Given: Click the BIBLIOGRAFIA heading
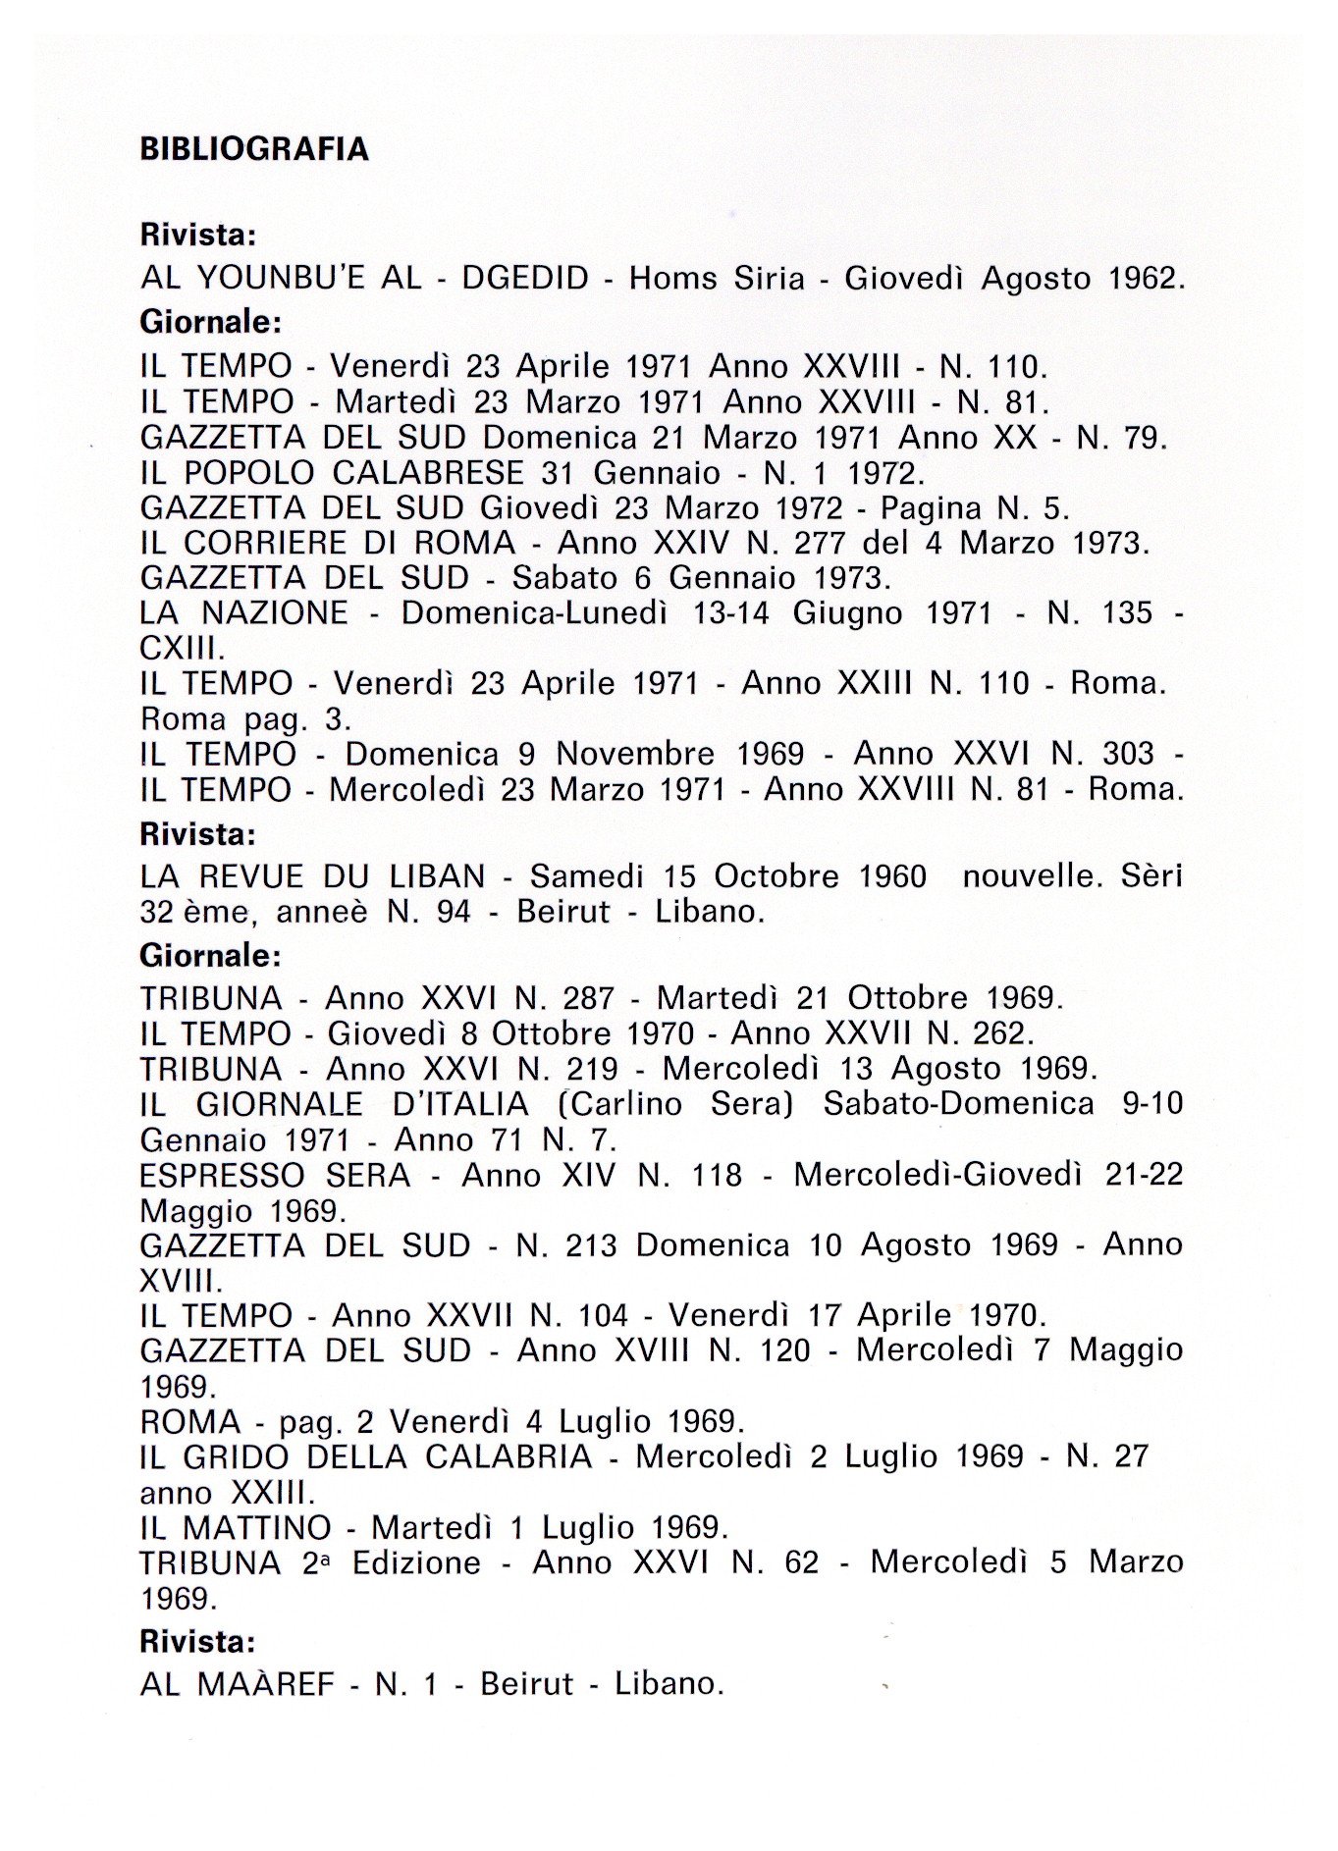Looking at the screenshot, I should click(254, 149).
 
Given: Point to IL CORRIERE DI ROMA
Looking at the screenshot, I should click(328, 543).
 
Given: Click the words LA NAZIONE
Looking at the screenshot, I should click(243, 613).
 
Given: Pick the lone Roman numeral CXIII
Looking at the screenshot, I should click(183, 649).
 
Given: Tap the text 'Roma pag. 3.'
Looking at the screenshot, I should click(246, 719).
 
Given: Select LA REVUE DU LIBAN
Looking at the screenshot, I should click(313, 876).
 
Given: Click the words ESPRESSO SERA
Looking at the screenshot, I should click(275, 1175).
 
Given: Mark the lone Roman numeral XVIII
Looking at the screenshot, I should click(182, 1281).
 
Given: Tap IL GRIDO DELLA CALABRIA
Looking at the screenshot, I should click(366, 1457).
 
